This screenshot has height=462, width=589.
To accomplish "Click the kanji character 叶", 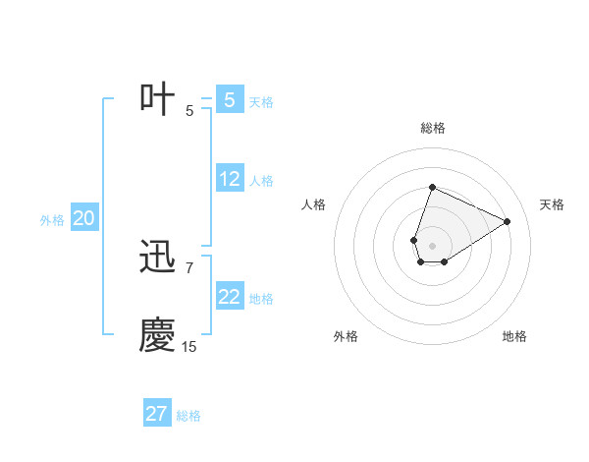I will pos(158,99).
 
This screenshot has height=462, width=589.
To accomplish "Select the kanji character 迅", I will pos(158,258).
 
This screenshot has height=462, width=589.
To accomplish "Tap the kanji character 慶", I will pos(158,335).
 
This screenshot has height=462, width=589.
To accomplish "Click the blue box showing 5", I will pos(229,100).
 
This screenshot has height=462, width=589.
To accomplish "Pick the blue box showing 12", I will pos(229,180).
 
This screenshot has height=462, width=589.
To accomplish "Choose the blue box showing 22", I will pos(229,297).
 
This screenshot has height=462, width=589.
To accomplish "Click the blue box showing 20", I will pos(83,219).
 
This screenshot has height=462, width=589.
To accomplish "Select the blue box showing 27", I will pos(156,414).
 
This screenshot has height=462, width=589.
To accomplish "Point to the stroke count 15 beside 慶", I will pos(188,347).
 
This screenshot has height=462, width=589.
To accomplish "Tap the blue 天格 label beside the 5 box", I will pos(261,102).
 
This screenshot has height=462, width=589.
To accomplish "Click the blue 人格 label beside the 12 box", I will pos(261,181).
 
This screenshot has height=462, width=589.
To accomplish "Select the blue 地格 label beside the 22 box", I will pos(261,299).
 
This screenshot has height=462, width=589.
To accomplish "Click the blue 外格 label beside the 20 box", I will pos(52,220).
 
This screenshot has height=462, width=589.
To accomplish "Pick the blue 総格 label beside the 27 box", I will pos(188,416).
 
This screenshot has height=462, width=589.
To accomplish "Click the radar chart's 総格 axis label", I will pos(432,128).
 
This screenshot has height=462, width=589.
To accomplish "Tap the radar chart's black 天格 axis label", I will pos(552,204).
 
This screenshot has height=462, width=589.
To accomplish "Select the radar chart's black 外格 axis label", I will pos(346,336).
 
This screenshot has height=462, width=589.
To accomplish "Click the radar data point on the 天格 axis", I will pos(507,221).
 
